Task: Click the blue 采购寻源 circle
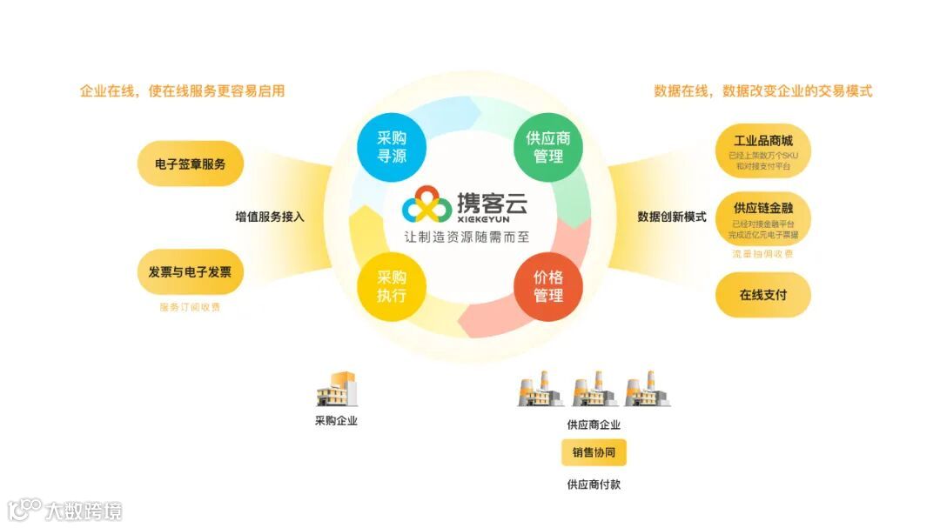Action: [x=392, y=147]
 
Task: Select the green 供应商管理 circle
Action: [x=548, y=147]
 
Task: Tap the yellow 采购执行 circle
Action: [x=392, y=287]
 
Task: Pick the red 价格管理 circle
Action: [x=548, y=287]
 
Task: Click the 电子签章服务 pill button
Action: [x=190, y=164]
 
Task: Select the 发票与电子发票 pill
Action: [x=190, y=272]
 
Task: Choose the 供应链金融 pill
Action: [x=762, y=217]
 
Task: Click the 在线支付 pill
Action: [x=762, y=295]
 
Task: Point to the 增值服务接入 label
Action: [x=270, y=217]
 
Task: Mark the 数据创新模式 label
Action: [x=671, y=217]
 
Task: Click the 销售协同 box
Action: [x=594, y=452]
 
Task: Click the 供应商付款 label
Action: [x=594, y=485]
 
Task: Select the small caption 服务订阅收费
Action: [x=190, y=307]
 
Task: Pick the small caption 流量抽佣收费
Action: [x=762, y=254]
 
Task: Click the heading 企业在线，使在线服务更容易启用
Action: [x=183, y=90]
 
